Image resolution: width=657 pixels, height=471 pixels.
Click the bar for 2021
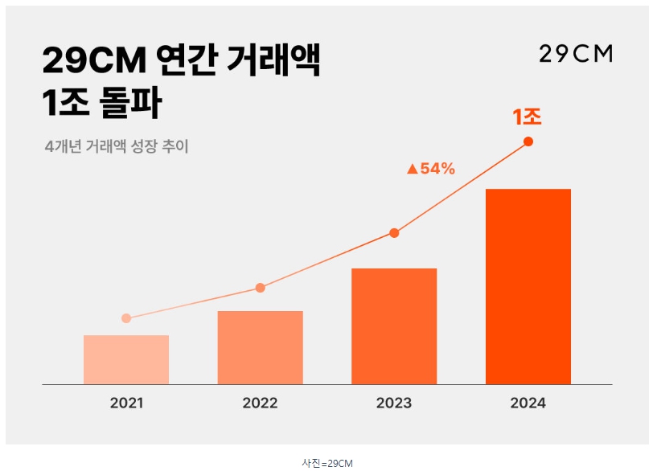click(126, 359)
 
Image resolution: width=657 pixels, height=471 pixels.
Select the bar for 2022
click(260, 347)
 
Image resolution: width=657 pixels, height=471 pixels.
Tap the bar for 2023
click(394, 326)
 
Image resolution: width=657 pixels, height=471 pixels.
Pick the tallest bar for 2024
click(528, 286)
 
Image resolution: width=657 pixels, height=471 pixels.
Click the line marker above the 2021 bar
click(126, 318)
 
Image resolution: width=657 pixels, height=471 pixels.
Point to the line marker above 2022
click(260, 288)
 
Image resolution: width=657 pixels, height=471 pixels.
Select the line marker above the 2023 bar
click(394, 233)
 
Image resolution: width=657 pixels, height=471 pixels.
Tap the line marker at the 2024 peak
click(528, 141)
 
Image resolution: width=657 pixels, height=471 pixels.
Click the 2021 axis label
click(126, 403)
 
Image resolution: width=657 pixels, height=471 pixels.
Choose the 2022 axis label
click(260, 403)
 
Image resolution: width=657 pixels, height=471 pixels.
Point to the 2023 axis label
click(394, 403)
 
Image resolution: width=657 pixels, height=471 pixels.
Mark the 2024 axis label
click(528, 403)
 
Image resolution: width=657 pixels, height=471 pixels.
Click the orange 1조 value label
click(528, 117)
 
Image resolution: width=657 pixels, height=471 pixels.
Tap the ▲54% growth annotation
click(431, 169)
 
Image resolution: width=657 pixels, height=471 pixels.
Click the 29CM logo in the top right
click(576, 55)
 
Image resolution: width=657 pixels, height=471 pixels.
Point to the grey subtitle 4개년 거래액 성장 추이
click(117, 147)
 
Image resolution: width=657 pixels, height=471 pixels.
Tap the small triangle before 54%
click(413, 169)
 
